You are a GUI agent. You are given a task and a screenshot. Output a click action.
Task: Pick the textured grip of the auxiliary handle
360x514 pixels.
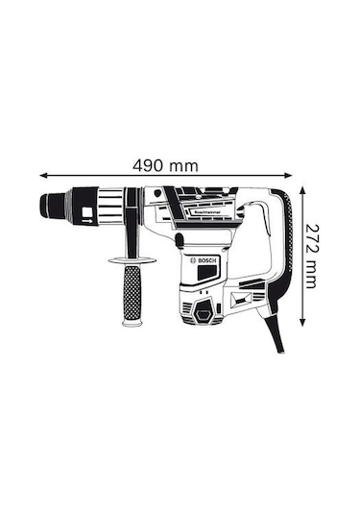(x=131, y=297)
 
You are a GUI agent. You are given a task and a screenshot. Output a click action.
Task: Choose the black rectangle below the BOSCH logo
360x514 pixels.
(x=205, y=273)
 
